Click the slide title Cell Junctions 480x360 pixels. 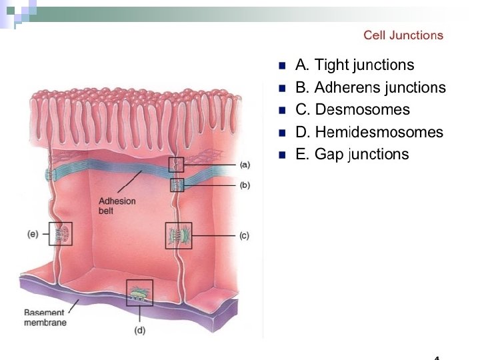tap(403, 35)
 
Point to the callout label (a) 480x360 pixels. tap(245, 164)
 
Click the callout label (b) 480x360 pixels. tap(245, 185)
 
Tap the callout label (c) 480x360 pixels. tap(245, 236)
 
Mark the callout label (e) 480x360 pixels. tap(33, 234)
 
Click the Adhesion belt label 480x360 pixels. tap(117, 206)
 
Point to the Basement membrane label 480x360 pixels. tap(45, 317)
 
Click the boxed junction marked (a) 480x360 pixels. tap(176, 164)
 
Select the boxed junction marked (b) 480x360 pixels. tap(177, 185)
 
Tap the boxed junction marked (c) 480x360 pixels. tap(178, 235)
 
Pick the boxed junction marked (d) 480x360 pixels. tap(139, 293)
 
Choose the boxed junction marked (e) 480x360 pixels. tap(60, 233)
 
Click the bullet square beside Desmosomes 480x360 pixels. tap(282, 110)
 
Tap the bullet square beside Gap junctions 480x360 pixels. tap(282, 155)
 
